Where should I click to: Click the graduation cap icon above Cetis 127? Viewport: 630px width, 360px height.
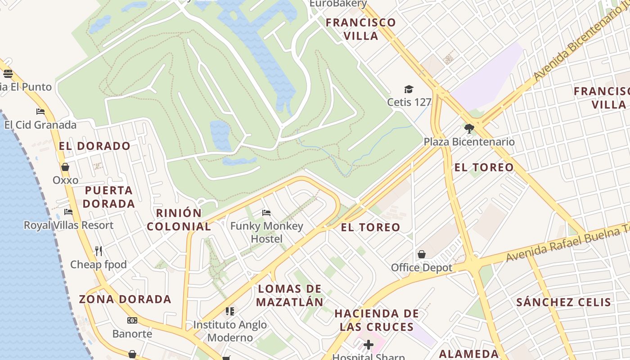409,89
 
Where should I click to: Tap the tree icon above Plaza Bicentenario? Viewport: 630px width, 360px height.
469,129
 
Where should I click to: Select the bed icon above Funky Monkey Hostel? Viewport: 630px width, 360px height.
266,212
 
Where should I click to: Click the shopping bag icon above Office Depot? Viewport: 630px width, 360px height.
422,255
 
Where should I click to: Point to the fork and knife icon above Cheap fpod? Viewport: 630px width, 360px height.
99,251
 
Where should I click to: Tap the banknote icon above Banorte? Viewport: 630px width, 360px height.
132,320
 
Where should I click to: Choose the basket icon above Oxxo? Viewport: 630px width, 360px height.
65,167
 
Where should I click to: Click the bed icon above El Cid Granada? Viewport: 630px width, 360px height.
40,112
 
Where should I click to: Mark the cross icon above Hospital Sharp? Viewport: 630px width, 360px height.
369,345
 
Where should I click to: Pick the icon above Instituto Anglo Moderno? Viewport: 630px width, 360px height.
230,311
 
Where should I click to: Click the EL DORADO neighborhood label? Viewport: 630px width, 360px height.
94,146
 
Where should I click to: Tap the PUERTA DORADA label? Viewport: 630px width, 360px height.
109,197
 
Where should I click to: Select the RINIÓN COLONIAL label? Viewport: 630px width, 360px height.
179,220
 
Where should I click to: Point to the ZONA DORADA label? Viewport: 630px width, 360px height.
125,299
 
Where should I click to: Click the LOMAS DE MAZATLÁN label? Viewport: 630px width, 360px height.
290,295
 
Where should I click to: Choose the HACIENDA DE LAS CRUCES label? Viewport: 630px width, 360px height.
377,320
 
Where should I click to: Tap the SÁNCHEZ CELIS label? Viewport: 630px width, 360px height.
563,302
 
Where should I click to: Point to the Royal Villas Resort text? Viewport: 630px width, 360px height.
68,225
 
